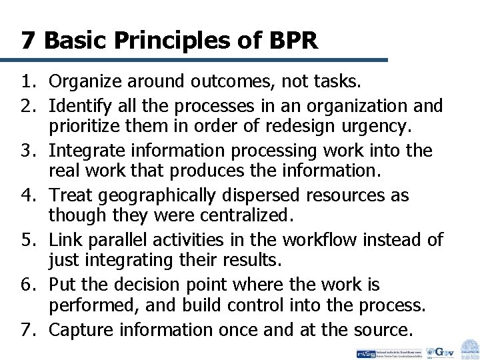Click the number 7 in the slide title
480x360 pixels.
click(x=28, y=41)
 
